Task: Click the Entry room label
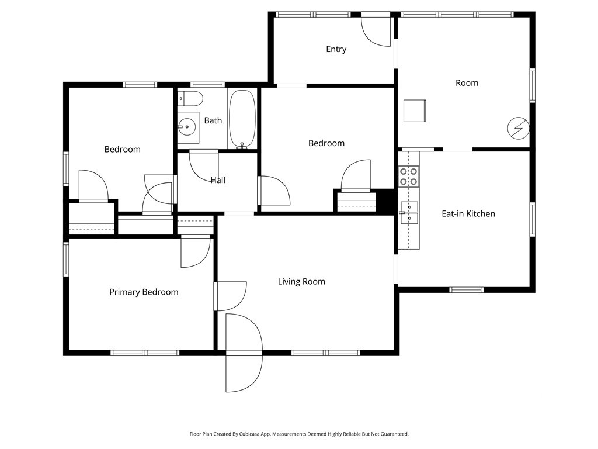pos(336,49)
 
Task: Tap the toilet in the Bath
pos(191,98)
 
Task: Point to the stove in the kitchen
pos(409,177)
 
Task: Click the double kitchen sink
pos(409,212)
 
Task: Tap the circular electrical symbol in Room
pos(517,128)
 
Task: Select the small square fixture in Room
pos(415,110)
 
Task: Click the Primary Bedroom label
pos(144,292)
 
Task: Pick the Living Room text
pos(301,281)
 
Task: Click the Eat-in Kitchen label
pos(468,213)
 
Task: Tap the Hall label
pos(218,180)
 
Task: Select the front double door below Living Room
pos(244,353)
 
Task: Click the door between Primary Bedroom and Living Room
pos(230,296)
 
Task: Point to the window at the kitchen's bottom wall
pos(467,289)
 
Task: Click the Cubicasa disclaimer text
pos(299,434)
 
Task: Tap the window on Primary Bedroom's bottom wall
pos(145,353)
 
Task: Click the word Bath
pos(213,120)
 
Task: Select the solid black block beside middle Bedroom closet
pos(386,201)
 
